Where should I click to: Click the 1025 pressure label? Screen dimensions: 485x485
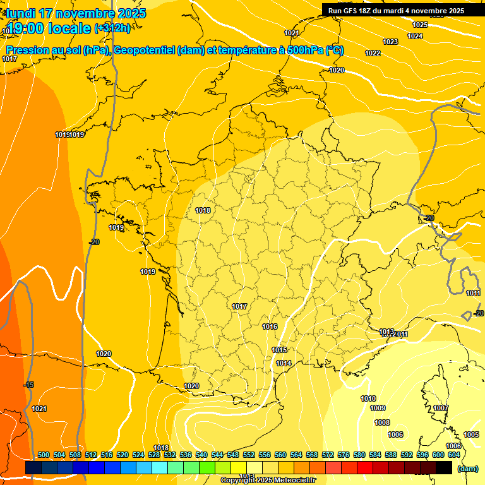[x=420, y=25]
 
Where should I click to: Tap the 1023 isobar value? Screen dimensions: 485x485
[x=390, y=42]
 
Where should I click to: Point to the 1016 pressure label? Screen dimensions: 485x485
[x=270, y=326]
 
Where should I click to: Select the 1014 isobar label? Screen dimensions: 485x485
[x=284, y=363]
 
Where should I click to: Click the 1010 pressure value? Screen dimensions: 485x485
[x=368, y=398]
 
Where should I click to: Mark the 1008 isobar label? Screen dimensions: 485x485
[x=382, y=422]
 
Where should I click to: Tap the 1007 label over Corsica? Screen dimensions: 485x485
[x=441, y=408]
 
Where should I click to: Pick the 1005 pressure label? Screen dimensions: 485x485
[x=471, y=434]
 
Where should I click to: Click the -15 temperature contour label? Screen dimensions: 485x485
[x=28, y=385]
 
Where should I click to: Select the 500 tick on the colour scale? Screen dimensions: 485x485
[x=44, y=455]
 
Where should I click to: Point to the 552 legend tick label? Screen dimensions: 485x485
[x=249, y=455]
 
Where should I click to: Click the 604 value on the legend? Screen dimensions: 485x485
[x=454, y=455]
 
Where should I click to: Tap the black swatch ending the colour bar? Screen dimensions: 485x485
[x=444, y=467]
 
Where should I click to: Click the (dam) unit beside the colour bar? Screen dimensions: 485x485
[x=468, y=468]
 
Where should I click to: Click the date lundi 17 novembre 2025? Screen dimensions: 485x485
[x=76, y=13]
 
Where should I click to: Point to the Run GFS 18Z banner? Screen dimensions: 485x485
[x=396, y=11]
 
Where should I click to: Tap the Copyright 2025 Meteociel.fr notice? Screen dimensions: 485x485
[x=268, y=481]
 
